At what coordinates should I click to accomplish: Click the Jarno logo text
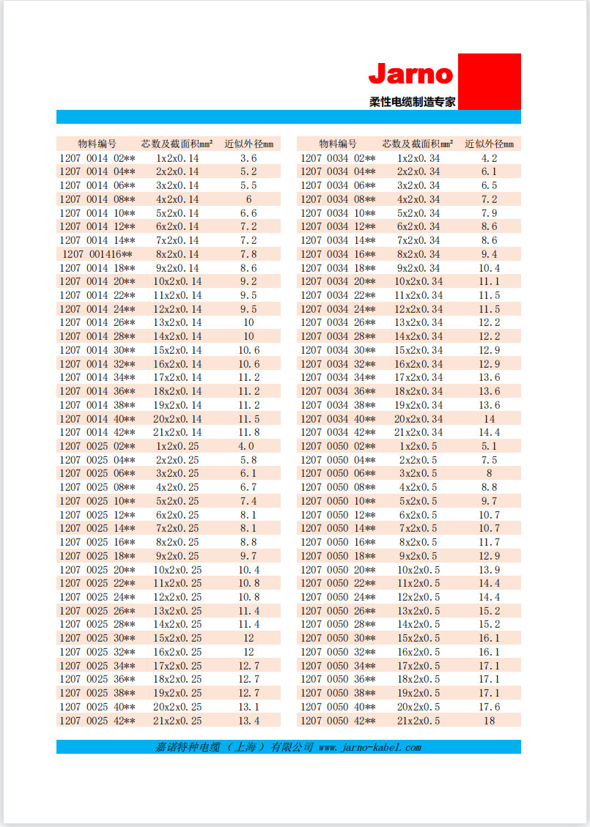410,74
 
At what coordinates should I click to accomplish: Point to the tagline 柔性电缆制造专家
412,102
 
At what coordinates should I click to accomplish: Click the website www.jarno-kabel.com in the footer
370,747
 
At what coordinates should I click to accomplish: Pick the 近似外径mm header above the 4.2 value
489,144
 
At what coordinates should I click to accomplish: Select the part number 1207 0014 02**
97,158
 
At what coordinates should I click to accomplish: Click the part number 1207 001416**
97,254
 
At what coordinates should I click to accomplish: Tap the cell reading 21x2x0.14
177,432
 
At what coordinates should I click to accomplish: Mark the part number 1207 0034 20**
338,281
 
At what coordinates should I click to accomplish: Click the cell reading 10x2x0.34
418,281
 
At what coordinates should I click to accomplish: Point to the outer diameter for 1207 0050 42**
489,721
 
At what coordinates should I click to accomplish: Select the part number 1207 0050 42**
338,721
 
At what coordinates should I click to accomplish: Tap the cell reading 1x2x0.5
418,446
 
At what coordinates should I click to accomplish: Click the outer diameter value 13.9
489,570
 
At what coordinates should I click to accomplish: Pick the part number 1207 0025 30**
97,638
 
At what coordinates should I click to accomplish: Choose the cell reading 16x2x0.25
177,652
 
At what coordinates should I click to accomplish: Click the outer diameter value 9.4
489,254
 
